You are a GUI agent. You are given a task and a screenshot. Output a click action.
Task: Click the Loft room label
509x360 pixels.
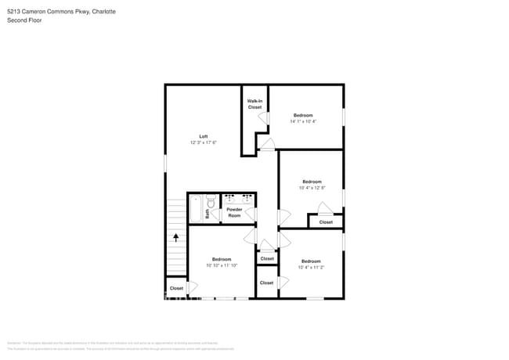203,136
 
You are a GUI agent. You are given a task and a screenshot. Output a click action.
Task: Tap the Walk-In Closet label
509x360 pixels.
254,104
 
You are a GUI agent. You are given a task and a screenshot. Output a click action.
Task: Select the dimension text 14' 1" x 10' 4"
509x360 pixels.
303,121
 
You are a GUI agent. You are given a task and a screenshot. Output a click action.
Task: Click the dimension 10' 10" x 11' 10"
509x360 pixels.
221,265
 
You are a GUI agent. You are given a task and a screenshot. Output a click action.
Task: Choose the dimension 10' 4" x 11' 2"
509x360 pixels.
311,267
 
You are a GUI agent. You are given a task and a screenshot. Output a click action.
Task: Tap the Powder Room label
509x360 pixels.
234,212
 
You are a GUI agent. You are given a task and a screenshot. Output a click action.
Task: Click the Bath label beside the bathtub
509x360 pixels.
208,212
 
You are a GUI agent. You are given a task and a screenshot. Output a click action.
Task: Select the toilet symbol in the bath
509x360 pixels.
210,200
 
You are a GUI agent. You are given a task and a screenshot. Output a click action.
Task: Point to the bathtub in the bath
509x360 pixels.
196,209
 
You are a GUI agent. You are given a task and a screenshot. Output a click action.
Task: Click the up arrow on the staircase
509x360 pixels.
176,236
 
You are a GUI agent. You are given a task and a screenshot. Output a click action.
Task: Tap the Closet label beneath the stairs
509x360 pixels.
176,288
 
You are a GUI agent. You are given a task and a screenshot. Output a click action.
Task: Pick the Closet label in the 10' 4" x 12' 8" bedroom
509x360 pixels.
326,222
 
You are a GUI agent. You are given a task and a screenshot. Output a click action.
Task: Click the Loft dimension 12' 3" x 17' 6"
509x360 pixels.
203,142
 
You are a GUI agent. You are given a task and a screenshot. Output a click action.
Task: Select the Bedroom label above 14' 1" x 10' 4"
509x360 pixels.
303,115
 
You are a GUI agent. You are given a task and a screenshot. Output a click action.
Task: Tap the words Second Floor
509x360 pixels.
24,20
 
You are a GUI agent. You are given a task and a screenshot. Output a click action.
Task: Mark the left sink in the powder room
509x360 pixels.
229,199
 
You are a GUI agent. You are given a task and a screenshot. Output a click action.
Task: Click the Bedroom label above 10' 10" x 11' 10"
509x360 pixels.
221,259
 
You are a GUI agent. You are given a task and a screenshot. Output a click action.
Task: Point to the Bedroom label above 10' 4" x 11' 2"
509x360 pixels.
311,261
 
